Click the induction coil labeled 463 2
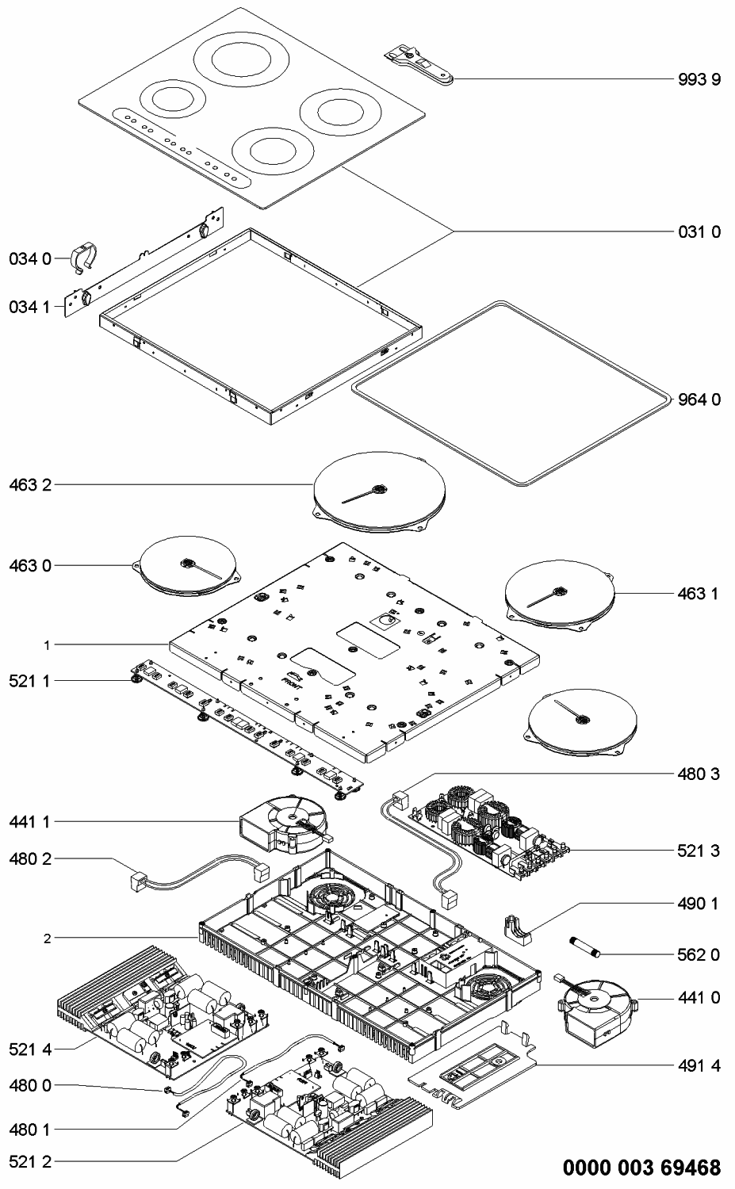coord(379,495)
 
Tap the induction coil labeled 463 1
coord(560,594)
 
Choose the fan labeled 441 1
coord(282,824)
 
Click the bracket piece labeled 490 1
coord(519,929)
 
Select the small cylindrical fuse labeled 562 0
coord(586,946)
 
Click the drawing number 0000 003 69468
coord(641,1167)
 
